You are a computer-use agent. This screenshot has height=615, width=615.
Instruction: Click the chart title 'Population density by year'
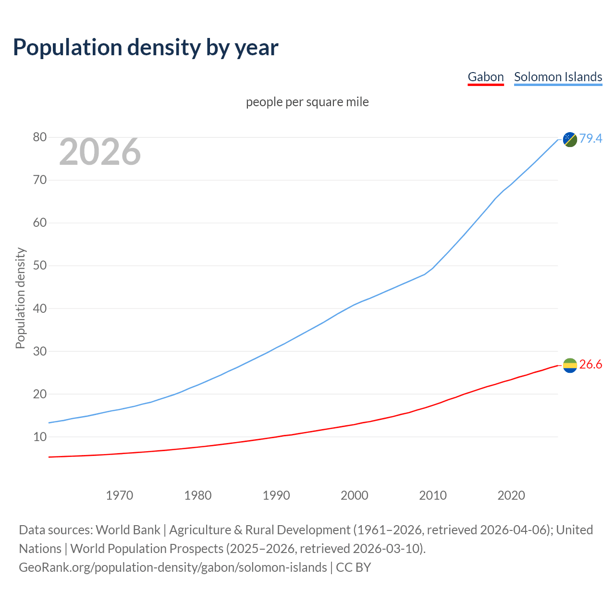(x=146, y=47)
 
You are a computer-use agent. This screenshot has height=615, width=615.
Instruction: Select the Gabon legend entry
(x=485, y=77)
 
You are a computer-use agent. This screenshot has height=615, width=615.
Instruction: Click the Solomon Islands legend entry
(x=558, y=77)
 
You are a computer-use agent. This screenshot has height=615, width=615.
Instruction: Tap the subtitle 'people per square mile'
(x=307, y=102)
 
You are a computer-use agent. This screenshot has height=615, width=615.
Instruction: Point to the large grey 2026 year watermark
(x=100, y=152)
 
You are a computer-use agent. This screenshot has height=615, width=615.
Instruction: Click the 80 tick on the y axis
(x=40, y=137)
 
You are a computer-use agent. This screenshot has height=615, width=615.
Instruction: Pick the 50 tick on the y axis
(x=40, y=266)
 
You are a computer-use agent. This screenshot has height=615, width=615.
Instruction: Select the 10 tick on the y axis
(x=40, y=437)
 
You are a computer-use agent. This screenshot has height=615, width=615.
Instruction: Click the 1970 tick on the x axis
(x=119, y=495)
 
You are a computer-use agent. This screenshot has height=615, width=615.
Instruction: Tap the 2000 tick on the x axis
(x=355, y=495)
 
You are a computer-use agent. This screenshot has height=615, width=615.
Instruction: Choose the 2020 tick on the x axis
(x=511, y=495)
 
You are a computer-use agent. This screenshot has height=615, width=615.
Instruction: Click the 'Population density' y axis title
(x=20, y=298)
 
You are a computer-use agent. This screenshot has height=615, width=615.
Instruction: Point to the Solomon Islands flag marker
(x=570, y=139)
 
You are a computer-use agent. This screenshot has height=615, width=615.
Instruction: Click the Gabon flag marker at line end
(x=570, y=366)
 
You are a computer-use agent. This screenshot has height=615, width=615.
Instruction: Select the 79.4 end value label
(x=590, y=138)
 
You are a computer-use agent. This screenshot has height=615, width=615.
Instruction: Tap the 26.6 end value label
(x=590, y=365)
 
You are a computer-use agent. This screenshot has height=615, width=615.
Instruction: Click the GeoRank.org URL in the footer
(x=172, y=567)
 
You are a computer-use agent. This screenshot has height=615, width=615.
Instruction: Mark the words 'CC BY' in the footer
(x=354, y=567)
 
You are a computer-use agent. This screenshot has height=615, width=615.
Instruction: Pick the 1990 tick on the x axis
(x=276, y=495)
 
